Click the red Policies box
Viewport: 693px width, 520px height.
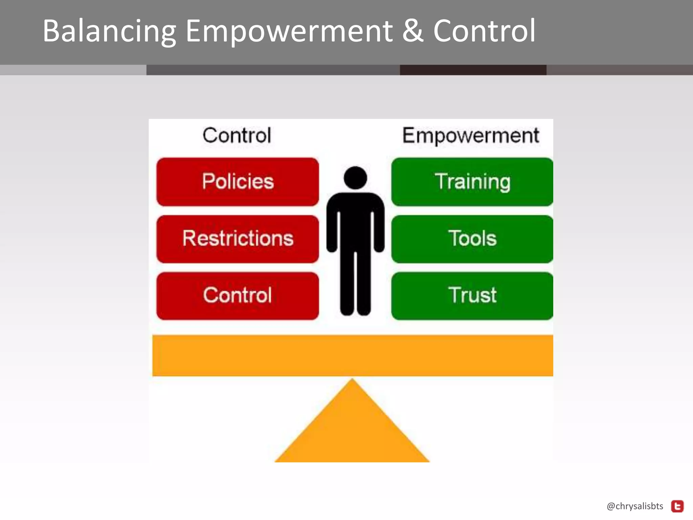[x=238, y=182]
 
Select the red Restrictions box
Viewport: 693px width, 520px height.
[x=238, y=239]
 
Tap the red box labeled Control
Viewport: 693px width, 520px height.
[x=238, y=296]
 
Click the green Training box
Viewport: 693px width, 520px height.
[x=472, y=182]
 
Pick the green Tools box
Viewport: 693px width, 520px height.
[x=472, y=239]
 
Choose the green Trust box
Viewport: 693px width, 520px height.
[x=472, y=296]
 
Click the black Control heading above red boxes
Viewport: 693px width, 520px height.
[x=237, y=135]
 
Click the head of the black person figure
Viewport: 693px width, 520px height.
[x=355, y=178]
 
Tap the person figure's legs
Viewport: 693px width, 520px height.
[x=355, y=284]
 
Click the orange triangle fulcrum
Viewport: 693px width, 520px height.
[x=352, y=430]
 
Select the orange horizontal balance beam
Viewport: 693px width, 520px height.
[x=353, y=355]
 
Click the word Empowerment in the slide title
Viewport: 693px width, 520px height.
[x=289, y=31]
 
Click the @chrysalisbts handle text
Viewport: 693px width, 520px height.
[x=635, y=506]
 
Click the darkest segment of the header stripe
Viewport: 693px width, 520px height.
[x=473, y=70]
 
